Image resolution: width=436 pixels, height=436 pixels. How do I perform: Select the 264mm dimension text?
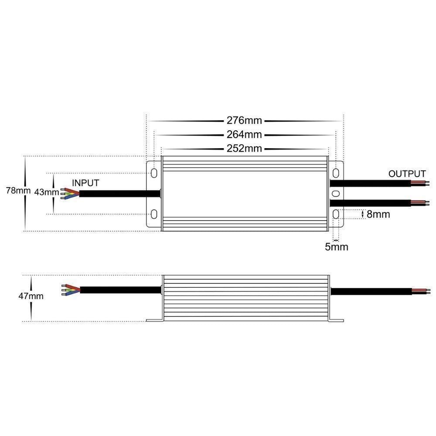coord(244,134)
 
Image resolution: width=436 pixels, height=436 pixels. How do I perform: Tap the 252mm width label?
coord(244,148)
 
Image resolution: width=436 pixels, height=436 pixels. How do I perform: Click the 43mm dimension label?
coord(47,192)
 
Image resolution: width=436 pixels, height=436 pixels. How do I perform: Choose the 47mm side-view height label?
coord(31,296)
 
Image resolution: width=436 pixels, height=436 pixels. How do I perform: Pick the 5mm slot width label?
coord(336,247)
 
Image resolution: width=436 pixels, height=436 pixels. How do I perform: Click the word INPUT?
coord(85,183)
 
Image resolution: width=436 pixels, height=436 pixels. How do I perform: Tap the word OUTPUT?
coord(407,174)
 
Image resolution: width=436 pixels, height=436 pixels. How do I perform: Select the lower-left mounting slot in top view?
coord(154,214)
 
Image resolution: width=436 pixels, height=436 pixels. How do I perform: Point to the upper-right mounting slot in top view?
coord(336,173)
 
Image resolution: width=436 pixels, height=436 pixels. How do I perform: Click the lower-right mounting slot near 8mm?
coord(336,214)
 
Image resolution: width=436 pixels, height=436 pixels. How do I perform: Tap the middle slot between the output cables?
coord(336,193)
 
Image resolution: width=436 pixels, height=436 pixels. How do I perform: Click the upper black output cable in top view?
coord(371,182)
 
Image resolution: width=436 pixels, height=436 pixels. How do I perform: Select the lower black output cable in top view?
coord(371,203)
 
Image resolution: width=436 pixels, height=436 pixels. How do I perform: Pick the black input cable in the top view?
coord(118,194)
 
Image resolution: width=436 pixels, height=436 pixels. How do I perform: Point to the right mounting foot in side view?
coord(336,320)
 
